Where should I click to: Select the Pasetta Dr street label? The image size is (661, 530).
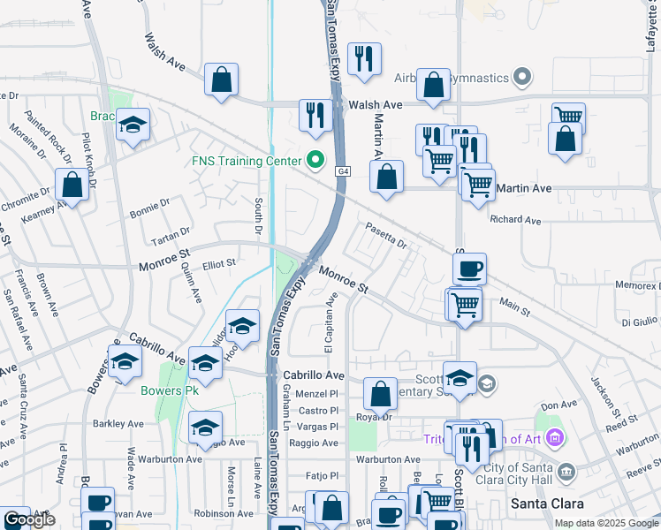(x=385, y=236)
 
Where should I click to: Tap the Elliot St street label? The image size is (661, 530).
(x=219, y=262)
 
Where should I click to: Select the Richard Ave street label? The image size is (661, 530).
(x=515, y=220)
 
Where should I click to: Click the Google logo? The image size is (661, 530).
(x=28, y=520)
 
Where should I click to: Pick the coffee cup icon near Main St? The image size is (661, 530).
(x=469, y=267)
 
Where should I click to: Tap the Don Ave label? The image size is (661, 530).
(x=558, y=405)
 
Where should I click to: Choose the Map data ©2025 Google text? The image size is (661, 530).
(x=606, y=523)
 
